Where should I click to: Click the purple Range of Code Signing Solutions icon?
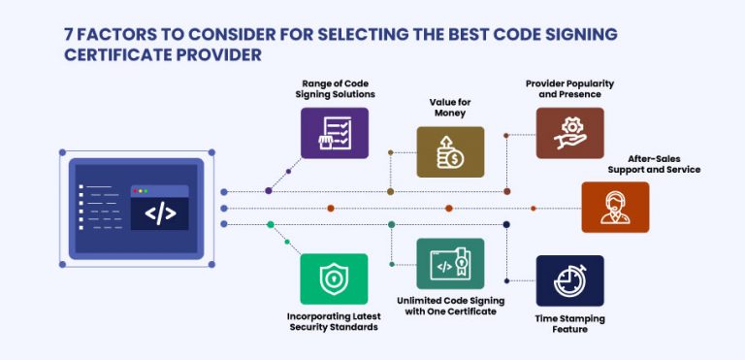tap(334, 132)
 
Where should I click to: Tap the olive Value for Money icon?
tap(450, 152)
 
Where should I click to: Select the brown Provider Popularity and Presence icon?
tap(569, 132)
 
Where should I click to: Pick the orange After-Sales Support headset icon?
tap(615, 207)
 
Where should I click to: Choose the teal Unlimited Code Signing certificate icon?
tap(450, 263)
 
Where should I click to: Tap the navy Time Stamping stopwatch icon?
tap(569, 280)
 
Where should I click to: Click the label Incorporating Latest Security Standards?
tap(333, 322)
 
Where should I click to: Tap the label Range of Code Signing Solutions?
tap(334, 88)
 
